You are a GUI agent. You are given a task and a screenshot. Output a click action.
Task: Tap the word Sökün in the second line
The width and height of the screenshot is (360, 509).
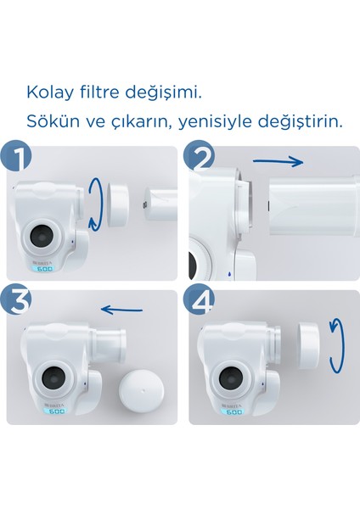48,120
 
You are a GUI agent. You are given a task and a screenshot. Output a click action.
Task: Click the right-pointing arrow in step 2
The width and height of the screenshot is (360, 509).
279,160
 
